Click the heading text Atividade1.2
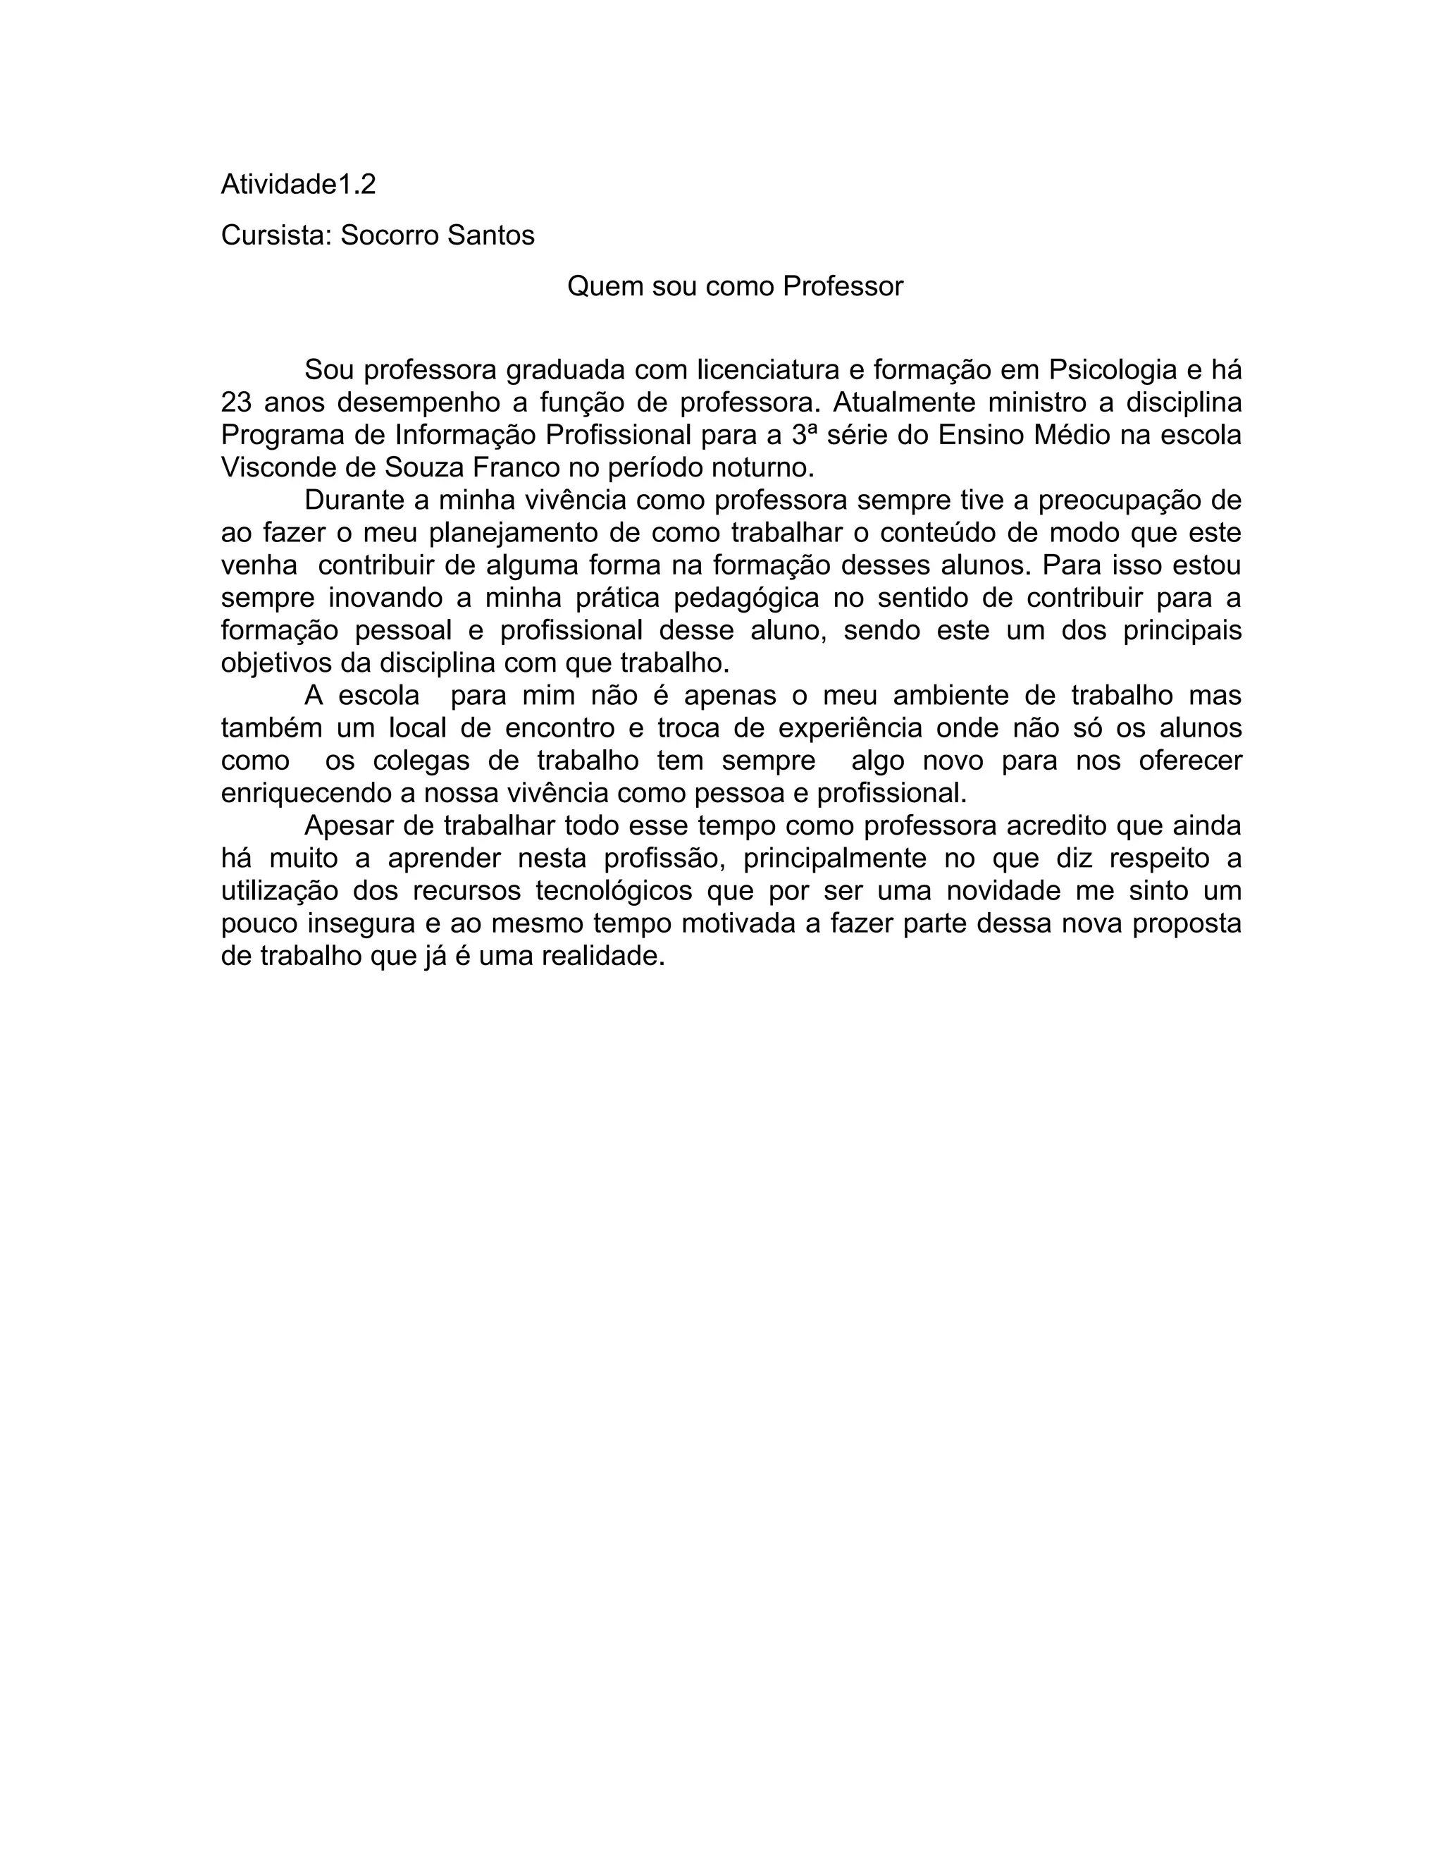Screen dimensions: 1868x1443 298,185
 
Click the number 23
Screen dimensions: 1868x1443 236,403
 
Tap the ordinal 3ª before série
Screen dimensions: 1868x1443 798,436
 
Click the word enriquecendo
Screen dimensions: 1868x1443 305,793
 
